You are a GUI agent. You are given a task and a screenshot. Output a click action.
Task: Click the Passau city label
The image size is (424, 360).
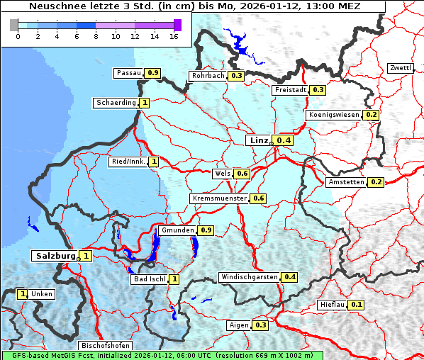[128, 73]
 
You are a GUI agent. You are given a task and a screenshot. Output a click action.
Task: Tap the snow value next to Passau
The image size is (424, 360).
[152, 73]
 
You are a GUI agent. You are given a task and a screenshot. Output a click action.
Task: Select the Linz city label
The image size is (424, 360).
[257, 140]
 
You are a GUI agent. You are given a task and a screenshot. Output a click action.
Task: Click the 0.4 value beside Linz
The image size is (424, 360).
[284, 141]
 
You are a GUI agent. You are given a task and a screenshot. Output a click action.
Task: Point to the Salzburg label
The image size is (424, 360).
[54, 256]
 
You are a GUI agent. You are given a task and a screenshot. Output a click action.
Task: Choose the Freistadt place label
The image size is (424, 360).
[290, 90]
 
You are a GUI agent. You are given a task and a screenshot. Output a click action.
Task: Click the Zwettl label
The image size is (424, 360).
[400, 68]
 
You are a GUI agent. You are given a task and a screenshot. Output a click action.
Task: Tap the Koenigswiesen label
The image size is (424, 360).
[334, 115]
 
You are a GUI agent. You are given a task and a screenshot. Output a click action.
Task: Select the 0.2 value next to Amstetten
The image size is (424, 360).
[376, 182]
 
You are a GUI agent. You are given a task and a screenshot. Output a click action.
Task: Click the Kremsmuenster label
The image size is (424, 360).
[219, 198]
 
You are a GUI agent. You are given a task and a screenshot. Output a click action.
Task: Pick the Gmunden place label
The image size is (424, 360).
[177, 230]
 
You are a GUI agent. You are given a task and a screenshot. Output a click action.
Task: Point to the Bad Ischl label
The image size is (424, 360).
[150, 279]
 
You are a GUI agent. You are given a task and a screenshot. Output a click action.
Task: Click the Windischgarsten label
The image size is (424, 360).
[249, 277]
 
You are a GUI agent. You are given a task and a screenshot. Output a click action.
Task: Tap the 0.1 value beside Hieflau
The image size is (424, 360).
[357, 305]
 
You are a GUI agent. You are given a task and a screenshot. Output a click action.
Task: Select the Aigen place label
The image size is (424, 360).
[239, 325]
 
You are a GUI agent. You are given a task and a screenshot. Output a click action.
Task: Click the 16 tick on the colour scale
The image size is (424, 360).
[174, 36]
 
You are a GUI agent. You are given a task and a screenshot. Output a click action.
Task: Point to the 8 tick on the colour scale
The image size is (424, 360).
[96, 36]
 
